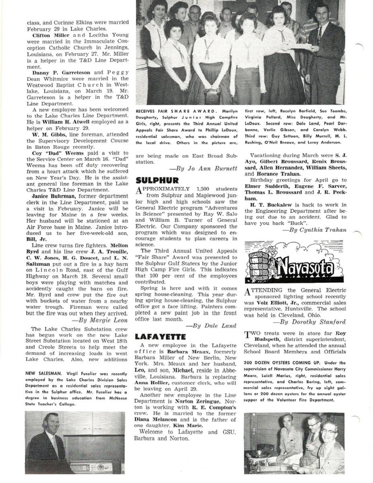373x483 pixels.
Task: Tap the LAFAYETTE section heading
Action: tap(160, 336)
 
